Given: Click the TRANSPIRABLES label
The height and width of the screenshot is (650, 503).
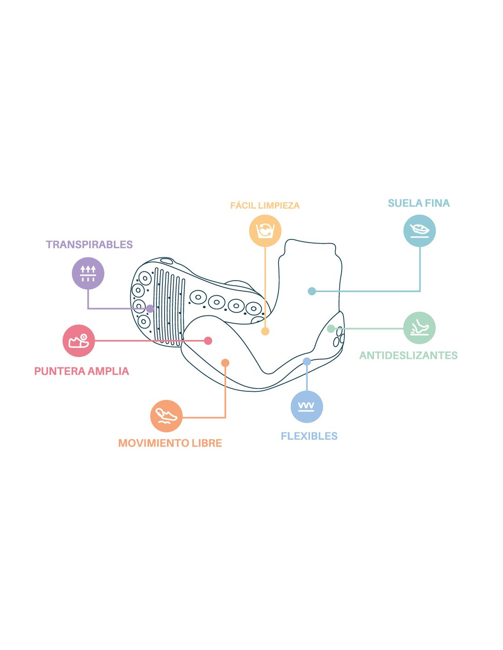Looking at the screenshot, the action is pos(89,245).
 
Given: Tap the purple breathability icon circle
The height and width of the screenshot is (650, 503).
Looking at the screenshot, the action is pos(88,273).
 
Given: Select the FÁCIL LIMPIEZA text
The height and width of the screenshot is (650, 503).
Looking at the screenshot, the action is pos(264,206).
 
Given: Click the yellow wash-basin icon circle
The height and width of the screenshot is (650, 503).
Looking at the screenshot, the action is pos(265,231).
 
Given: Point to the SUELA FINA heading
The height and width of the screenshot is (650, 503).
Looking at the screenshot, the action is pos(418,203).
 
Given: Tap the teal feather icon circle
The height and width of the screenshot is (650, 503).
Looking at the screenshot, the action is pos(419,231).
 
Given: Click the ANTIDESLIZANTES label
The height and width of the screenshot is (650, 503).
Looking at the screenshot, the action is pos(408,355).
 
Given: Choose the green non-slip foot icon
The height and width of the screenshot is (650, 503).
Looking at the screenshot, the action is pos(419,328).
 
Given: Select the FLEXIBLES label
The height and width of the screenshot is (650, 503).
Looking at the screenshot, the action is pos(309,436).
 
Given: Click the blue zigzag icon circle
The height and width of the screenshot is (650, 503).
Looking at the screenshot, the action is pos(307,406).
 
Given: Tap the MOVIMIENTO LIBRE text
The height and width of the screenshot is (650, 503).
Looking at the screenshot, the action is pos(170,443).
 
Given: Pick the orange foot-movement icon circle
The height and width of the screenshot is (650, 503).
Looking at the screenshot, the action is pos(166,416).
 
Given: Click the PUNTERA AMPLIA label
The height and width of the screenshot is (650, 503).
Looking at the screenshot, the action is pos(81,371).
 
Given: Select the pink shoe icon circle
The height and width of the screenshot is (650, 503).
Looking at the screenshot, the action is pos(79,341).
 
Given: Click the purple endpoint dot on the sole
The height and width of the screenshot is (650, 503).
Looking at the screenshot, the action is pos(150,309).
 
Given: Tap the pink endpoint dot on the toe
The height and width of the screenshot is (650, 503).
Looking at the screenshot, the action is pos(208,341).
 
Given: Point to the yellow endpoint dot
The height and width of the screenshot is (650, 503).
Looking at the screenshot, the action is pos(265,331).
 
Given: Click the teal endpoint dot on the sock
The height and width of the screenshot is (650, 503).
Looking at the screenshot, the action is pos(312,291).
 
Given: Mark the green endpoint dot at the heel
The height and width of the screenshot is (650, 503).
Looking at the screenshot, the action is pos(331,329).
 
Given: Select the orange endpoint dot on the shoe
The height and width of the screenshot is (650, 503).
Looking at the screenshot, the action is pos(225,363).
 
